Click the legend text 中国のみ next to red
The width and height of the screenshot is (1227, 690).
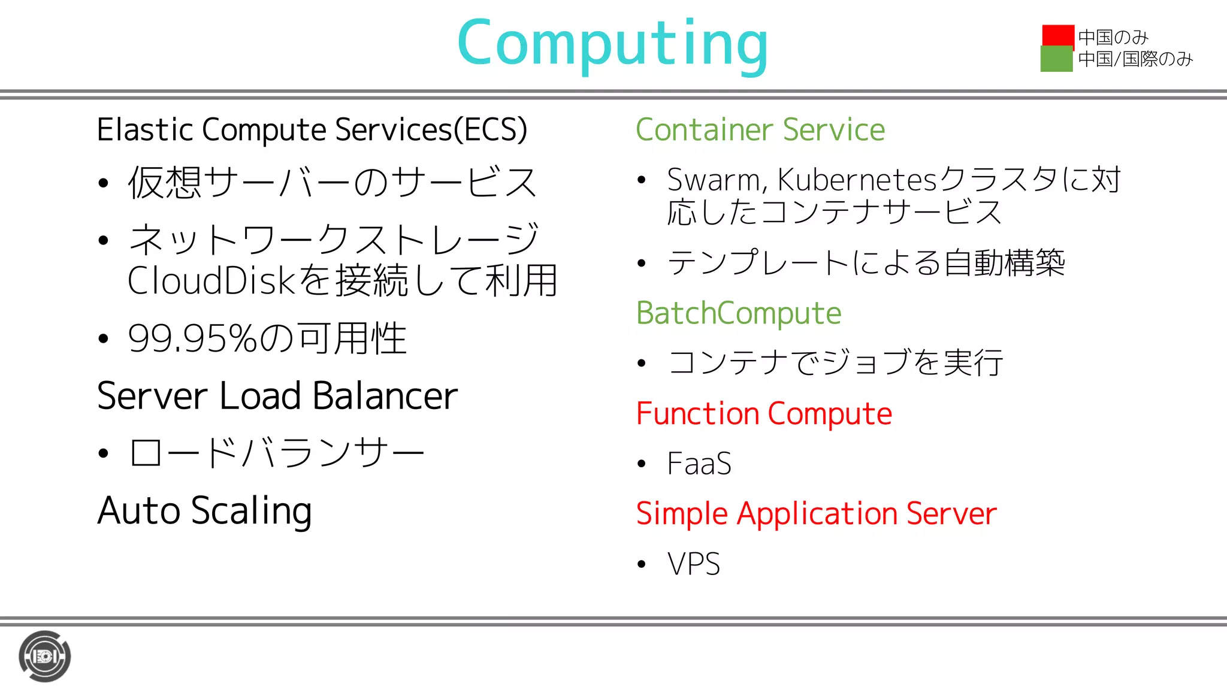click(1113, 37)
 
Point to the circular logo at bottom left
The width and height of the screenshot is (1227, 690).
click(44, 656)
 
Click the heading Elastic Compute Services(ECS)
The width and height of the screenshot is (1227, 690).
click(312, 130)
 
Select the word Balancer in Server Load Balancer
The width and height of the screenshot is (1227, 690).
click(385, 397)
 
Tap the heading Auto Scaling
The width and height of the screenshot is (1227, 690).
click(204, 511)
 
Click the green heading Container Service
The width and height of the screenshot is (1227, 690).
click(760, 130)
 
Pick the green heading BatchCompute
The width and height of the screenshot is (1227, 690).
click(738, 313)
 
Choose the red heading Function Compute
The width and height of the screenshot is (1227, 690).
click(764, 414)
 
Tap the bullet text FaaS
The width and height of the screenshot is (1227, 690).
click(699, 464)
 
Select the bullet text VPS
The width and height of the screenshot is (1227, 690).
click(693, 564)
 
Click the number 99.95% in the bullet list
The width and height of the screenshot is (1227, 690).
click(192, 339)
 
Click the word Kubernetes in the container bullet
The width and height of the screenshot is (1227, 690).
click(856, 180)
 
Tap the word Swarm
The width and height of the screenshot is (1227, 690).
click(714, 180)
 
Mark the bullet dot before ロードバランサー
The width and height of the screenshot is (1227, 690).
click(103, 453)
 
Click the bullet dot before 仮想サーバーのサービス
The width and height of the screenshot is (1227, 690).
click(103, 183)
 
